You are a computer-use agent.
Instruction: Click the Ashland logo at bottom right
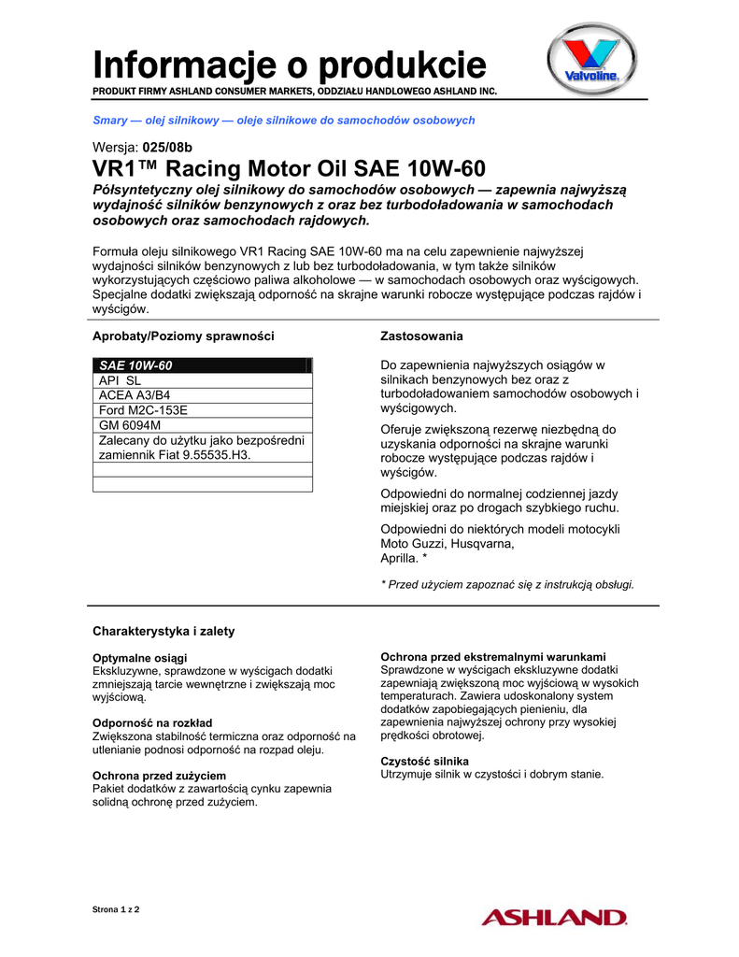pyautogui.click(x=553, y=918)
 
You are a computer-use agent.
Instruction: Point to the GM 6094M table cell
pyautogui.click(x=129, y=424)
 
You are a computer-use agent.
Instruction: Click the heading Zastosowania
pyautogui.click(x=421, y=336)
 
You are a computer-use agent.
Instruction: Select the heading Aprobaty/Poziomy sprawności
pyautogui.click(x=182, y=336)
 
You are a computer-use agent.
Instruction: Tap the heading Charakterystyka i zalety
pyautogui.click(x=163, y=631)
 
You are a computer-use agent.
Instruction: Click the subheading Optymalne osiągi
pyautogui.click(x=139, y=658)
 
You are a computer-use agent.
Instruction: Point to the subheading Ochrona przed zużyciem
pyautogui.click(x=159, y=776)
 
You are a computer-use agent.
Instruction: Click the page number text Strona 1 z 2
pyautogui.click(x=116, y=909)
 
